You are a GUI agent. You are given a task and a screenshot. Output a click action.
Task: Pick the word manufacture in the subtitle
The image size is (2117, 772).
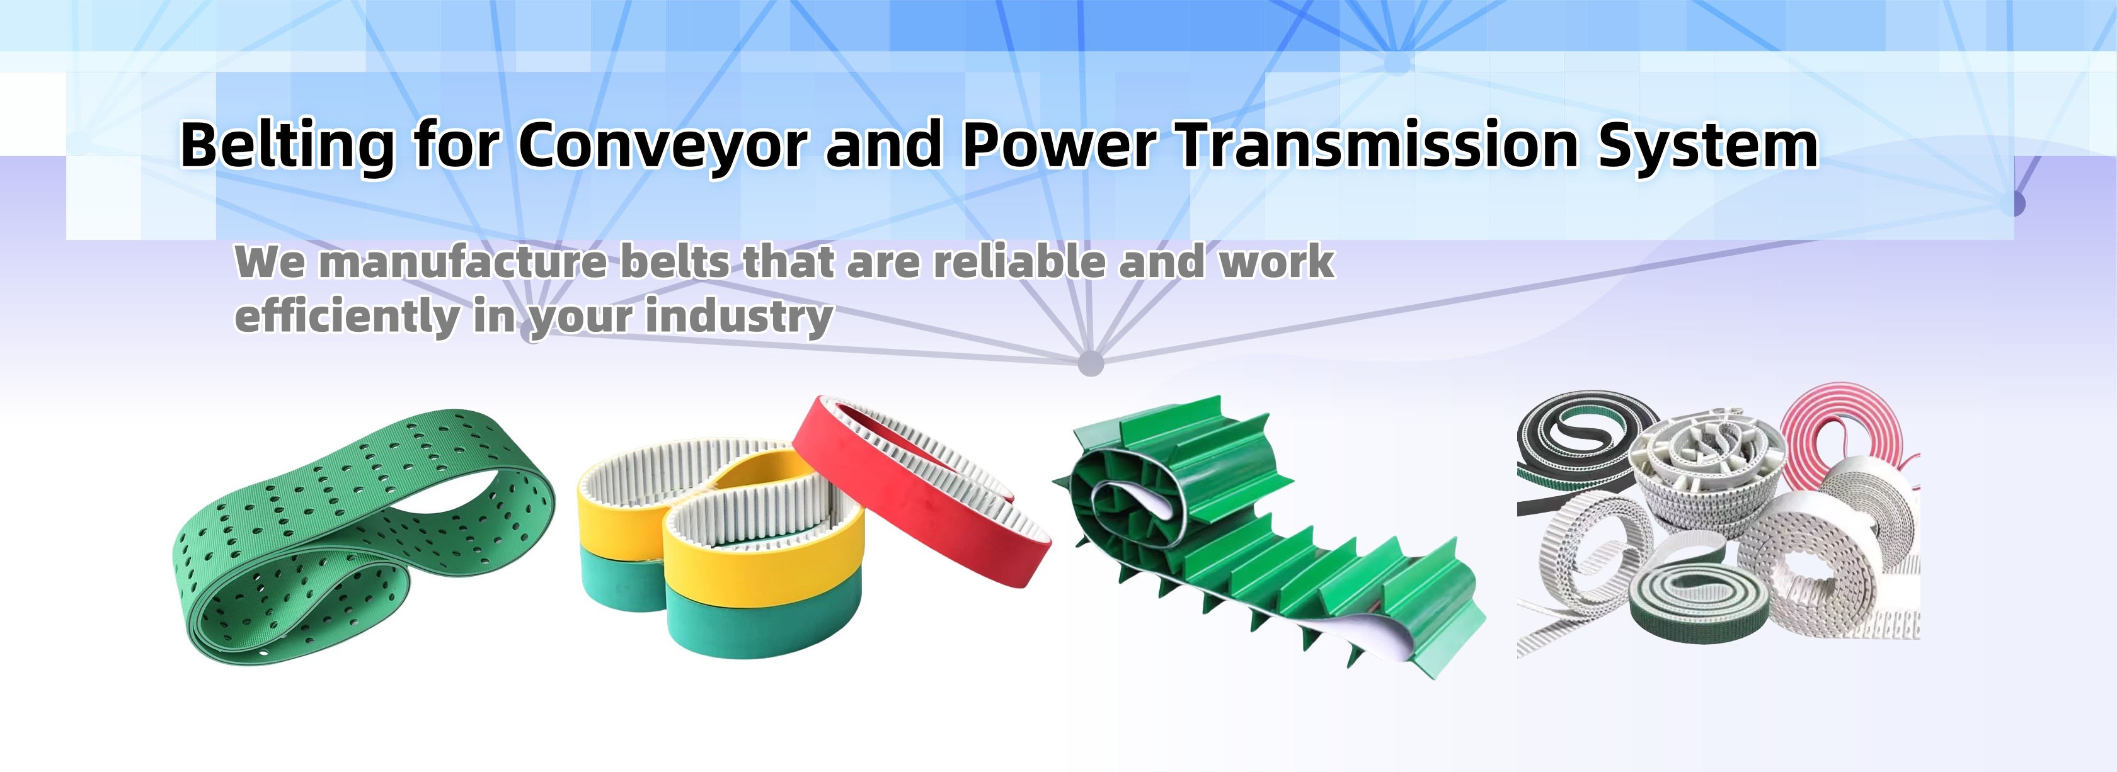(x=462, y=263)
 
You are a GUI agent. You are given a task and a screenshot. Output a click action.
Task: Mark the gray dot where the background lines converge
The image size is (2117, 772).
(x=1090, y=362)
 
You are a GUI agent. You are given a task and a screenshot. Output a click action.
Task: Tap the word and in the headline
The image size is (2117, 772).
(x=883, y=145)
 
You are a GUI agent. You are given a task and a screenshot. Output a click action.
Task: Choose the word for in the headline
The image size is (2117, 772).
(x=456, y=145)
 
